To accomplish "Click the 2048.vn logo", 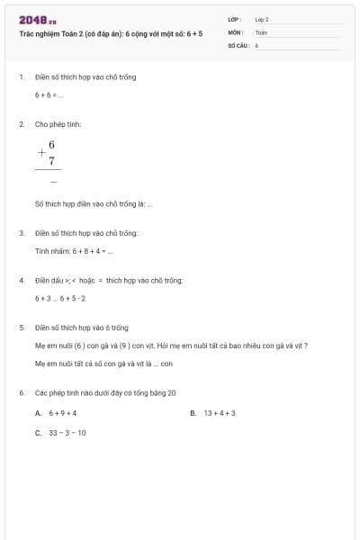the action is click(x=37, y=19).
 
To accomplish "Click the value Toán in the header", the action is click(x=261, y=31).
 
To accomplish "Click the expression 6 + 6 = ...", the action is click(x=49, y=94).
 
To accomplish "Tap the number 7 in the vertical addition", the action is click(x=52, y=160).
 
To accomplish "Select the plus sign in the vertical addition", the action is click(x=41, y=152).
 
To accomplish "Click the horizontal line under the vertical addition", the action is click(x=49, y=170).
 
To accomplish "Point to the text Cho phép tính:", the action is click(x=58, y=124).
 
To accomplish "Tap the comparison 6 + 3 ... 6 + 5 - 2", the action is click(x=60, y=298).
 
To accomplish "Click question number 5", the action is click(x=22, y=328).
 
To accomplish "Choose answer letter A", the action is click(x=39, y=413).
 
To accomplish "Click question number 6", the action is click(x=22, y=393).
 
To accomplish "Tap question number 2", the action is click(x=22, y=124).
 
